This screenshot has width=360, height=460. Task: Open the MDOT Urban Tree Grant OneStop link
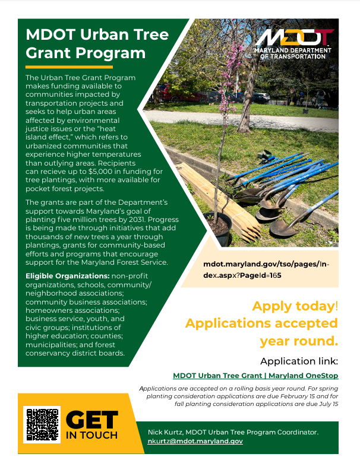pyautogui.click(x=255, y=375)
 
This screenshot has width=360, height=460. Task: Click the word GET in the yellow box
pyautogui.click(x=91, y=420)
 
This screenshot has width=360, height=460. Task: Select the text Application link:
pyautogui.click(x=299, y=361)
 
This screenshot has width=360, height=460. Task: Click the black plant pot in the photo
pyautogui.click(x=217, y=229)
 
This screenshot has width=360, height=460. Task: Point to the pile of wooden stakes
pyautogui.click(x=217, y=196)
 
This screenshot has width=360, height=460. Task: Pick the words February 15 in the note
pyautogui.click(x=293, y=396)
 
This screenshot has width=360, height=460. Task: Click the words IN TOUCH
pyautogui.click(x=91, y=435)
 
